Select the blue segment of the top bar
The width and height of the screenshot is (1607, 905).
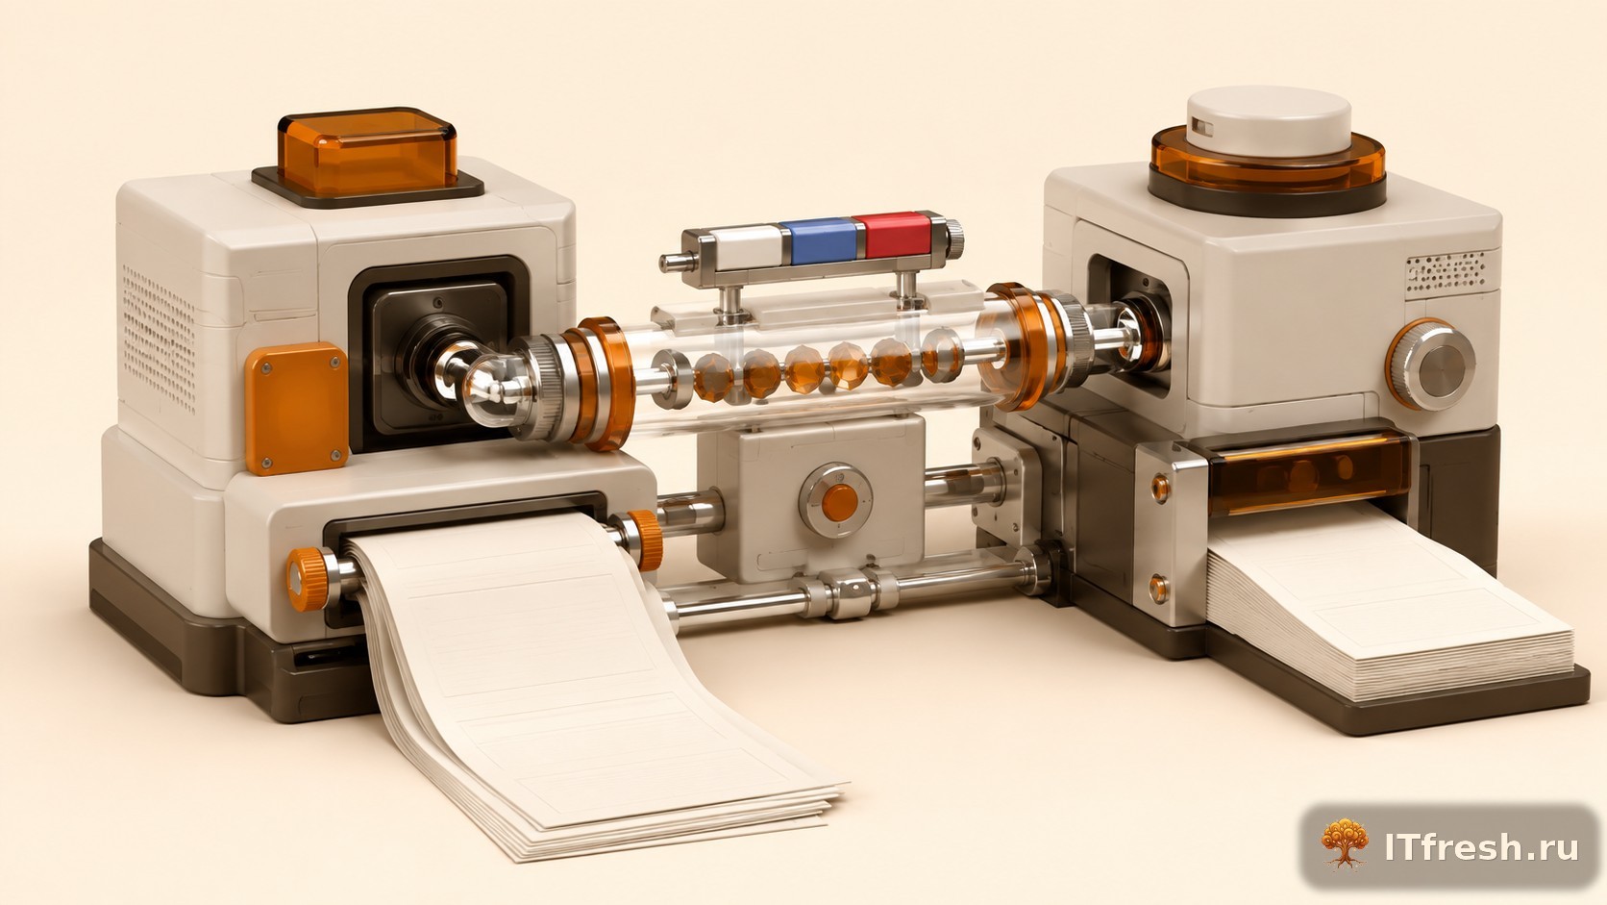[x=822, y=240]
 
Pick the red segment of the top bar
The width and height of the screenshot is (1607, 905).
[x=898, y=235]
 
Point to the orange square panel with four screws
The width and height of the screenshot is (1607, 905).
[x=296, y=409]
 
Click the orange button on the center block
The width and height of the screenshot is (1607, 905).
[x=839, y=502]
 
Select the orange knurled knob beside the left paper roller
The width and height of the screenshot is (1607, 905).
[x=308, y=578]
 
